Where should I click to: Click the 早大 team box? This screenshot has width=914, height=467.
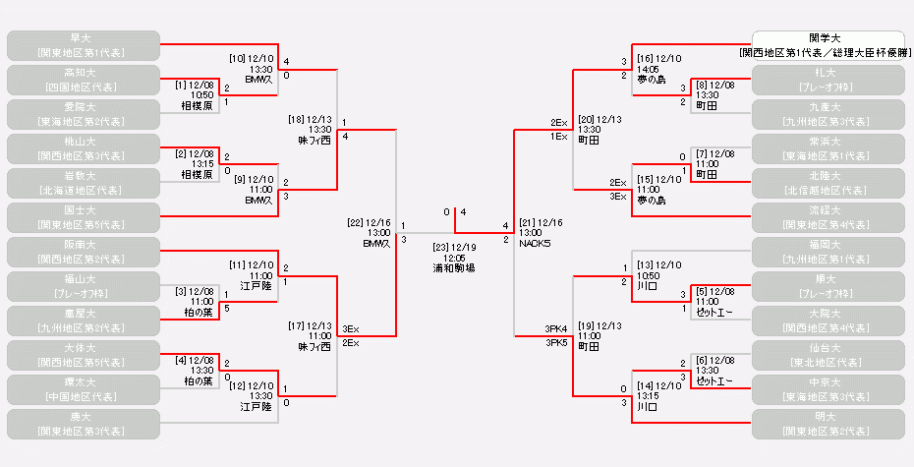pyautogui.click(x=83, y=44)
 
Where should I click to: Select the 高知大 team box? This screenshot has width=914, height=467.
pyautogui.click(x=83, y=79)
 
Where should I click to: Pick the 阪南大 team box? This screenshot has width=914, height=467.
pyautogui.click(x=83, y=251)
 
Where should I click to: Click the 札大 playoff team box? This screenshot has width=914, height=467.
pyautogui.click(x=827, y=79)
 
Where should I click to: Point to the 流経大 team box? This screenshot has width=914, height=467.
pyautogui.click(x=827, y=216)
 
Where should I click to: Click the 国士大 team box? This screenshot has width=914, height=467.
pyautogui.click(x=83, y=216)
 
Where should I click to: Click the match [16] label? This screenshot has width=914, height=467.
pyautogui.click(x=646, y=59)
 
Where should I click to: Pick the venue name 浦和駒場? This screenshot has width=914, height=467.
pyautogui.click(x=453, y=267)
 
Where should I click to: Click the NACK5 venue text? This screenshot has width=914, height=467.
pyautogui.click(x=536, y=242)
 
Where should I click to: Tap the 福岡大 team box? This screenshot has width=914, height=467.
pyautogui.click(x=827, y=251)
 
